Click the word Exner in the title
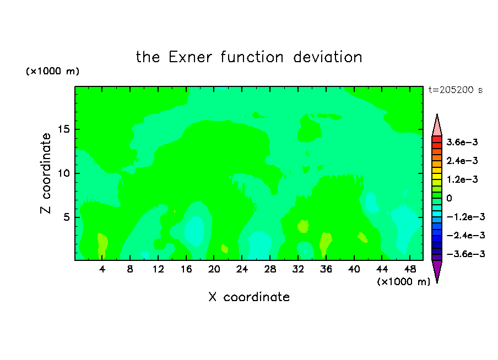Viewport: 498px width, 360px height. click(x=190, y=57)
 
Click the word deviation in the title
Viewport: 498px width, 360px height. click(x=328, y=57)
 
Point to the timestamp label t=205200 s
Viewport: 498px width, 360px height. click(x=456, y=90)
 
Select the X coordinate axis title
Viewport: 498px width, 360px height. click(x=250, y=297)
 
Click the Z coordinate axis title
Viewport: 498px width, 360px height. click(x=46, y=173)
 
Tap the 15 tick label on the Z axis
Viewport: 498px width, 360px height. click(x=64, y=129)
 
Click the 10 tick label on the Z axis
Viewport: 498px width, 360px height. click(x=64, y=173)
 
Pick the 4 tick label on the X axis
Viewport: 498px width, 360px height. click(x=102, y=269)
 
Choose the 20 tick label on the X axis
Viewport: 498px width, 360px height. click(x=214, y=269)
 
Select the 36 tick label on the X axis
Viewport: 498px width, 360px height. click(x=326, y=269)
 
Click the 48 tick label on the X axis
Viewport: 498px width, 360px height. click(x=410, y=269)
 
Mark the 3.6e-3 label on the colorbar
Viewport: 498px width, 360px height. click(x=462, y=142)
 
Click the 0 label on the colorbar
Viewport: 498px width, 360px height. click(x=449, y=198)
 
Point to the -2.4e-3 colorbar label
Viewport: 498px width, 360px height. click(x=465, y=236)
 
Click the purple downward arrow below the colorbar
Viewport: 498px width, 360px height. click(x=437, y=270)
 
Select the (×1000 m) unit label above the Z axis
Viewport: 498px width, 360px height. click(x=52, y=71)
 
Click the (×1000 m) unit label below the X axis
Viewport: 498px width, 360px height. click(x=403, y=282)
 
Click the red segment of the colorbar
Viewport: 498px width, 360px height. click(x=437, y=139)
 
